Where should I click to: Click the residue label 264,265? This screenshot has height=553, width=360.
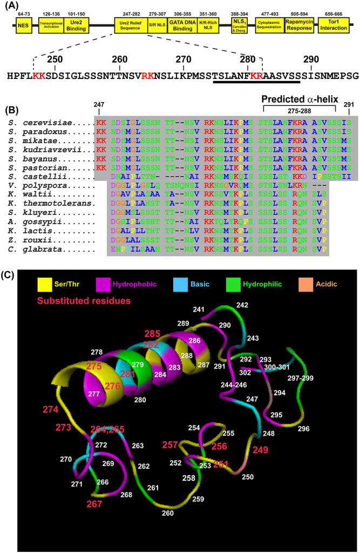tap(106, 429)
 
